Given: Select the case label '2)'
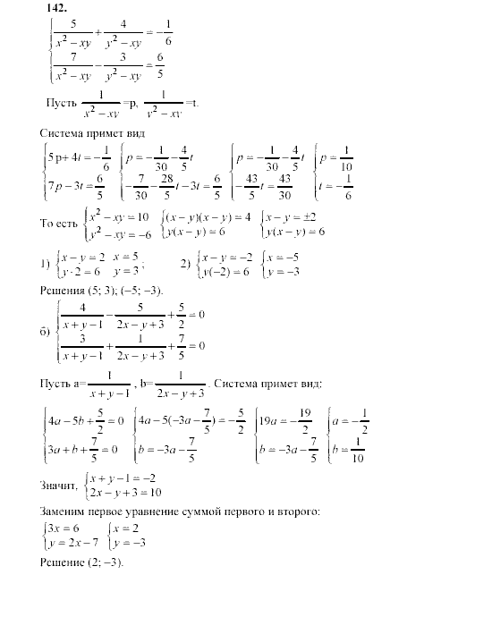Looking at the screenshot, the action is (x=185, y=265).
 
